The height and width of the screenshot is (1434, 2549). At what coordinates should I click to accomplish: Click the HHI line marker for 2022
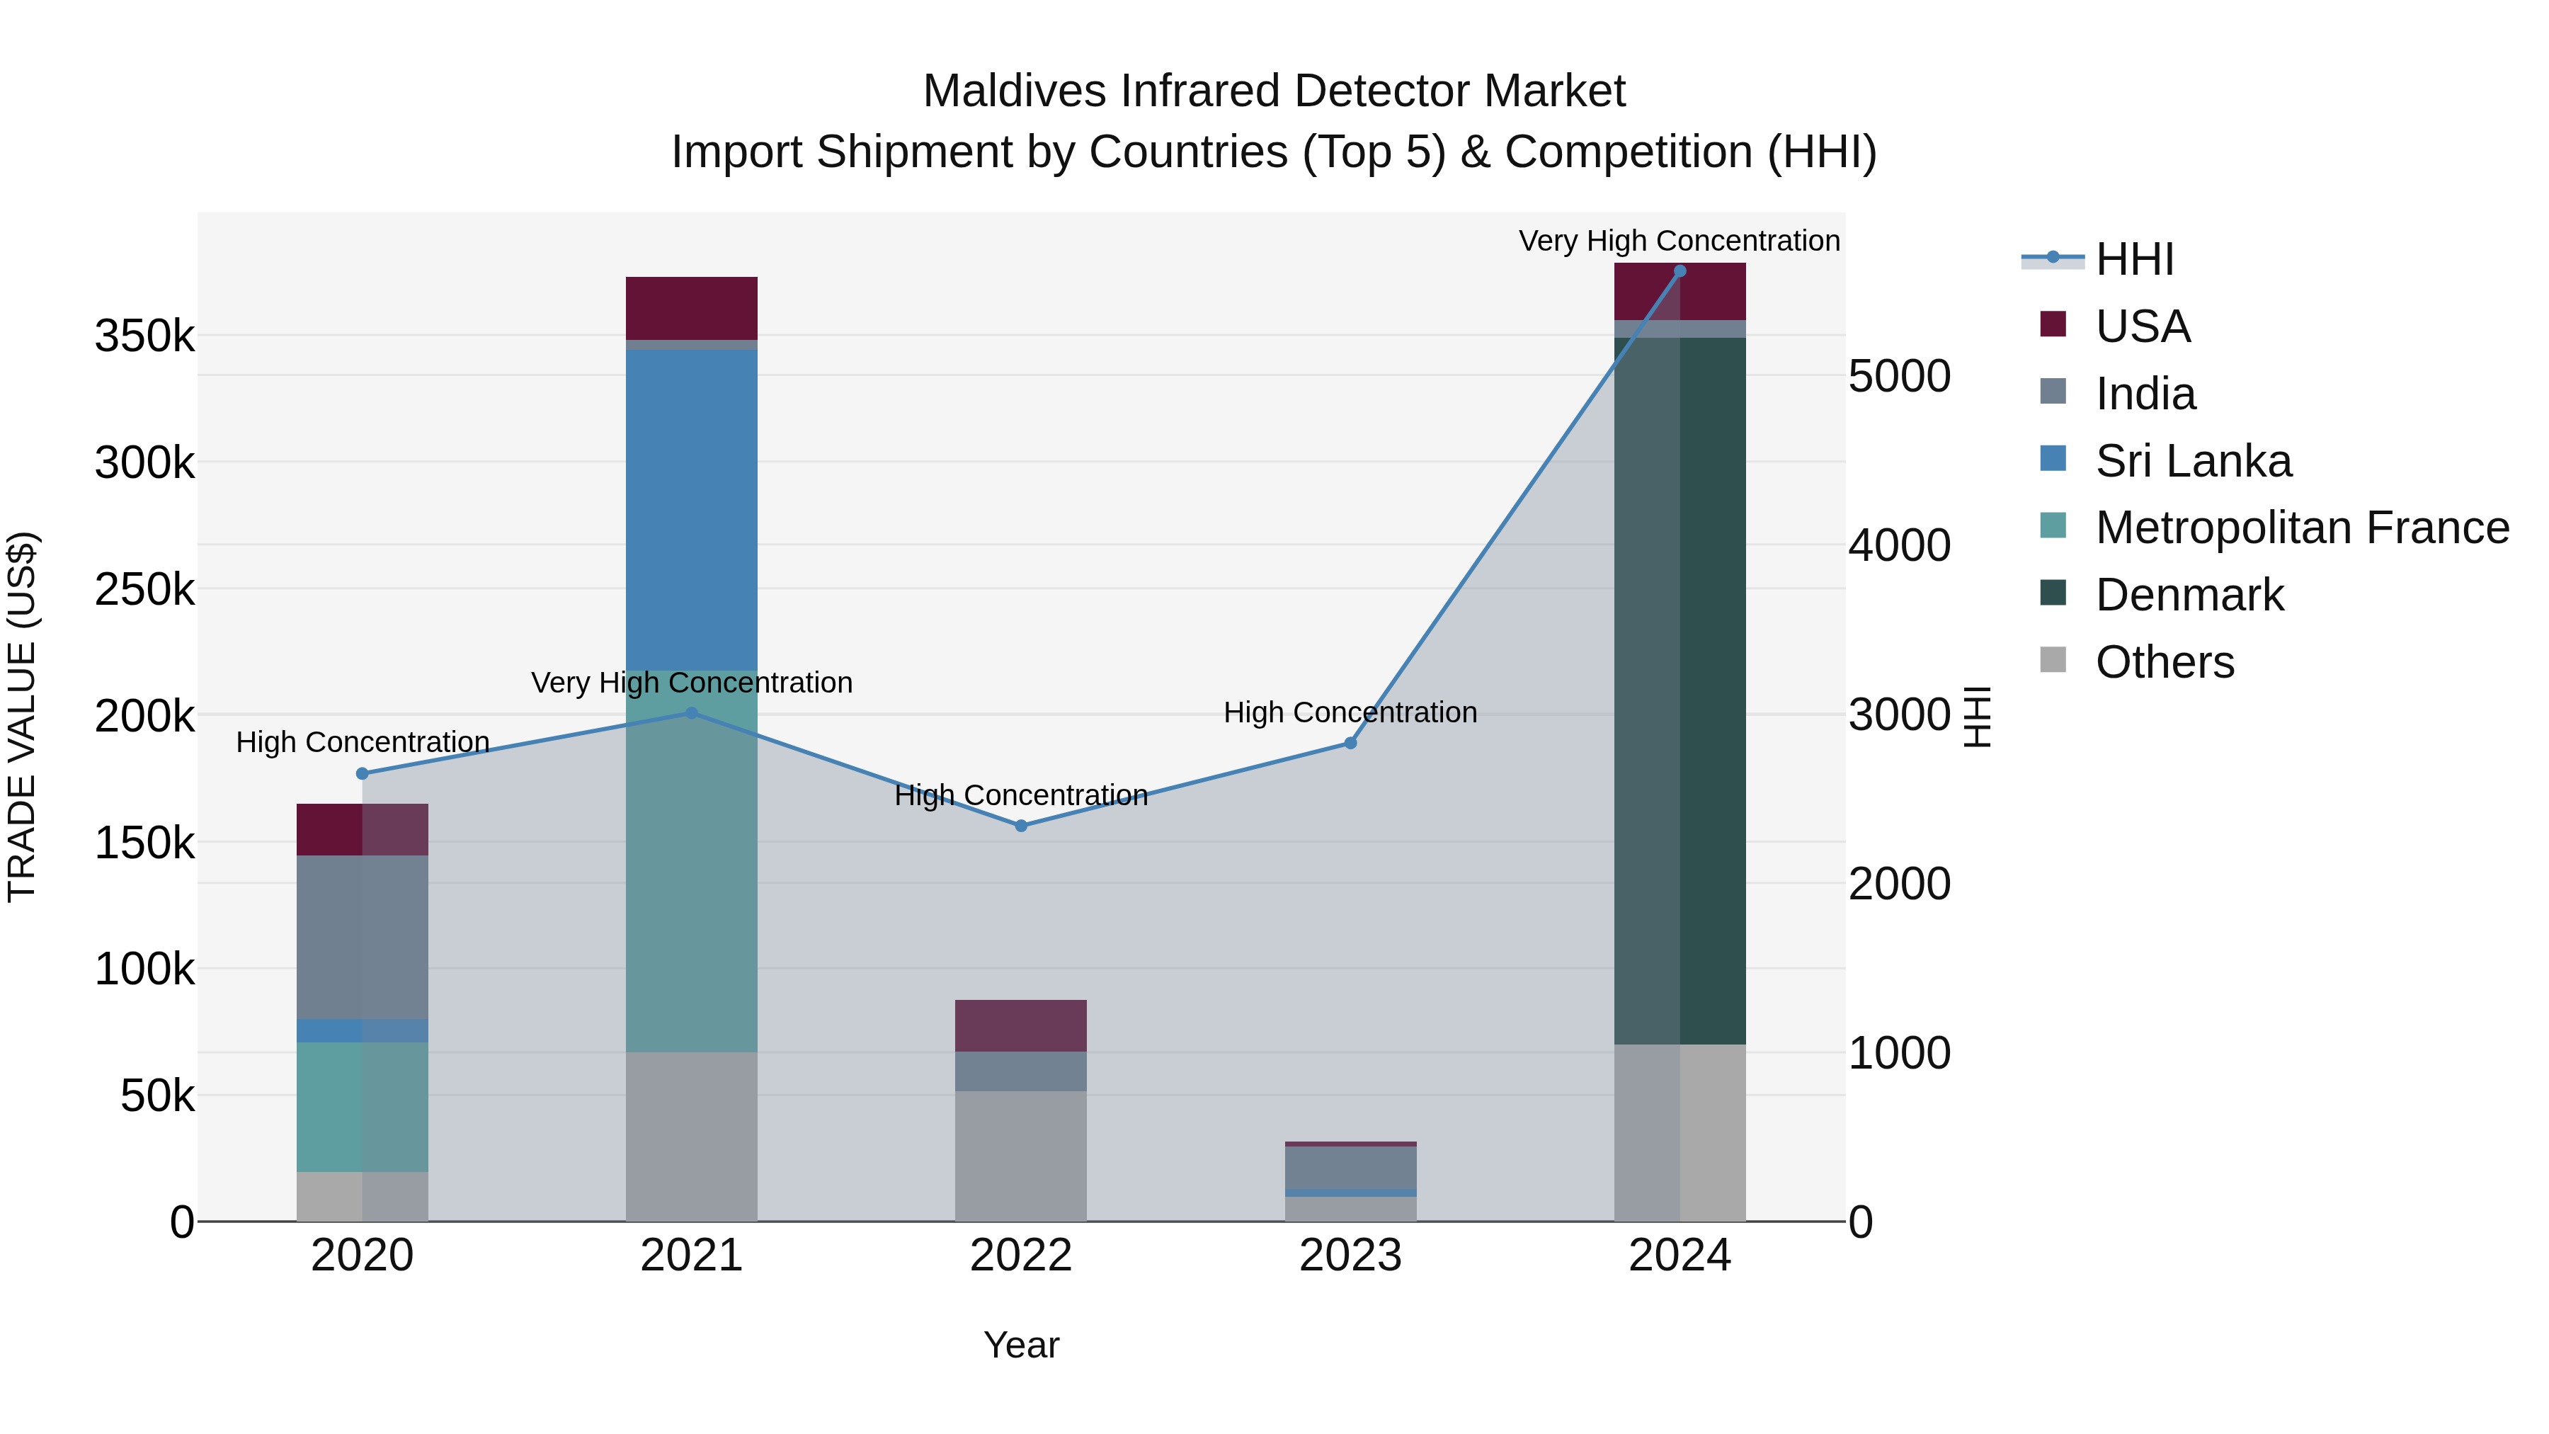coord(1021,826)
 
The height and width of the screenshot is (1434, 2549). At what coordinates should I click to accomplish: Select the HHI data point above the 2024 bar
coord(1680,271)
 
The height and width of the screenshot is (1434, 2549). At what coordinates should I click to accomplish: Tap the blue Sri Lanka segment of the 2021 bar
coord(692,510)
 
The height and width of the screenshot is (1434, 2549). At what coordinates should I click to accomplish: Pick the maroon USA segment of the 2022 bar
coord(1020,1025)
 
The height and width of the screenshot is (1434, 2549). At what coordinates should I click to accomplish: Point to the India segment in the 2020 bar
coord(362,936)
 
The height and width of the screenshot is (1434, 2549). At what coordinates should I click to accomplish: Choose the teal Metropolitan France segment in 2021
coord(692,861)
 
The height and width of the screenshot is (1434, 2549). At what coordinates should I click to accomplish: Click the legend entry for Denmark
coord(2189,595)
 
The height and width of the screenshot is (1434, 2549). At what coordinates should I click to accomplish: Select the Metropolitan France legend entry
coord(2302,528)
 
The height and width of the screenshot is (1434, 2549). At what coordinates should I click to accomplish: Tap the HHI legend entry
coord(2133,259)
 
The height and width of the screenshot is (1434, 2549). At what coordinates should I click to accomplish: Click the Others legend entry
coord(2164,662)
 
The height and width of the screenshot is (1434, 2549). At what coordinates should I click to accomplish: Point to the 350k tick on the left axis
coord(144,336)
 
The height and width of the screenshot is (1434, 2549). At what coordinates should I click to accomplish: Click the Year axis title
coord(1021,1345)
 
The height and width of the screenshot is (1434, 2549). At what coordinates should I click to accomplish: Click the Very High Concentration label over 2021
coord(692,683)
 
